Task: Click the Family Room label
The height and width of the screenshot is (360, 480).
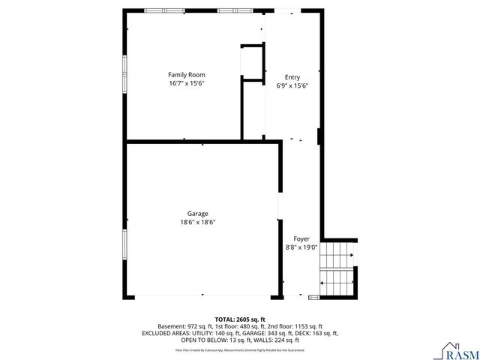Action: pyautogui.click(x=186, y=75)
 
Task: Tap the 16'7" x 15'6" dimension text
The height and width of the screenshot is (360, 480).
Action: pyautogui.click(x=186, y=83)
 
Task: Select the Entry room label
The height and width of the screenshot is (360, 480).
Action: pyautogui.click(x=292, y=77)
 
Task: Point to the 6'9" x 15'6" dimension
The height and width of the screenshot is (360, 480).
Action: pyautogui.click(x=292, y=85)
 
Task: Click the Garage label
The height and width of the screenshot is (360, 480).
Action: pyautogui.click(x=197, y=214)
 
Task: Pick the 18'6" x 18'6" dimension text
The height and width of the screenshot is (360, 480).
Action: pyautogui.click(x=197, y=222)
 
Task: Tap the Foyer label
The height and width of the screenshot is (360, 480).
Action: pyautogui.click(x=301, y=238)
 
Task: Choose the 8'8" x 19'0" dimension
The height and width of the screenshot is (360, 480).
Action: pyautogui.click(x=301, y=247)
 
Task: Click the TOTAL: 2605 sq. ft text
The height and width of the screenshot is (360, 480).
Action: pyautogui.click(x=240, y=319)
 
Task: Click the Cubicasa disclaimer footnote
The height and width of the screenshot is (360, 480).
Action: pyautogui.click(x=240, y=349)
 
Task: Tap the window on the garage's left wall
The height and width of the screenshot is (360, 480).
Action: pyautogui.click(x=124, y=244)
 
